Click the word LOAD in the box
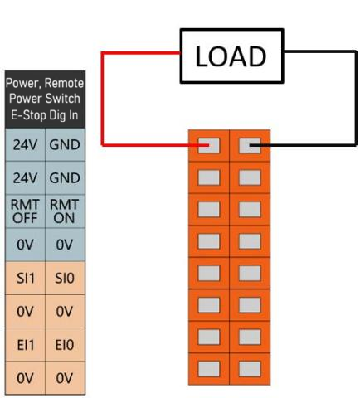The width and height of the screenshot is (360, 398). point(231,56)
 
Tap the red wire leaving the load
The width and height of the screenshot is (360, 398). point(103,99)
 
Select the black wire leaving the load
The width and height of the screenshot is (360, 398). point(356,98)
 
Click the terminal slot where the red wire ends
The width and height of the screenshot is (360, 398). point(209,146)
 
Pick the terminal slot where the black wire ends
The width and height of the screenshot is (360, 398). point(250,146)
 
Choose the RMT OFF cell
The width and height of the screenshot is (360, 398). point(25,211)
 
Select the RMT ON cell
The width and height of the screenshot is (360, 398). point(65,211)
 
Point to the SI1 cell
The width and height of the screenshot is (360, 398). point(25,278)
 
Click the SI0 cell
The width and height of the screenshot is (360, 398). point(65,278)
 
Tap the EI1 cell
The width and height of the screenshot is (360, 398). point(25,345)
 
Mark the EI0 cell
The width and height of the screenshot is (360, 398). point(65,345)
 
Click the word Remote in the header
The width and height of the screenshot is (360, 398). point(64,83)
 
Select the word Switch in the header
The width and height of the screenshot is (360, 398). point(62,99)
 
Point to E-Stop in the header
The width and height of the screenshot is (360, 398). point(28,115)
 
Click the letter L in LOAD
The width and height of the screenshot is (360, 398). point(202,56)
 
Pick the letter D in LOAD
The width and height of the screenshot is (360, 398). point(257,56)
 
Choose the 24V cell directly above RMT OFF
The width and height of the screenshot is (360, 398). point(25,178)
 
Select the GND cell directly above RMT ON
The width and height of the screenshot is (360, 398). point(65,178)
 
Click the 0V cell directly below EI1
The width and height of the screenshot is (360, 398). point(25,378)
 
